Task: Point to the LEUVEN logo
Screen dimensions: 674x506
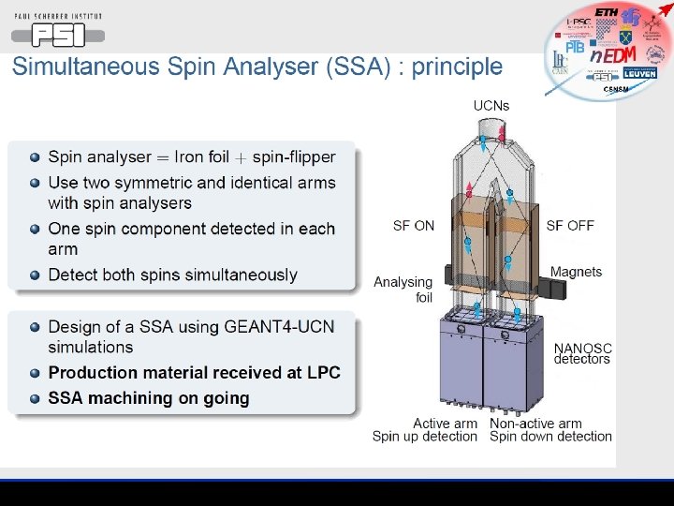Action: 640,73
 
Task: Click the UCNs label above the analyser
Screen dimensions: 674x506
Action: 491,105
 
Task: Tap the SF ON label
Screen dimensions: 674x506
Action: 413,225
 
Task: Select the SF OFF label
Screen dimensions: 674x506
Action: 570,225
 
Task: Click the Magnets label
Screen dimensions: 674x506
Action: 576,272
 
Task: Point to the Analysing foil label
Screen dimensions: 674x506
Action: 403,290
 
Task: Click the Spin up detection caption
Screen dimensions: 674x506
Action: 424,437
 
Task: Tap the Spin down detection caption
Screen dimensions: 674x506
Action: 550,437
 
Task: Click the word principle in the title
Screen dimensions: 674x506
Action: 457,67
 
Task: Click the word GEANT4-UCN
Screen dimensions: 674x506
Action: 278,326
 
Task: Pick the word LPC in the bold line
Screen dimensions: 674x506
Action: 323,372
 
